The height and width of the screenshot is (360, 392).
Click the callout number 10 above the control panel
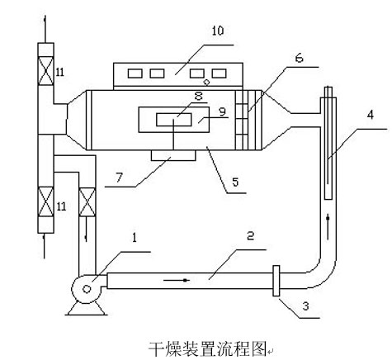click(x=218, y=31)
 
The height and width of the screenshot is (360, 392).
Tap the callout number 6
click(x=299, y=58)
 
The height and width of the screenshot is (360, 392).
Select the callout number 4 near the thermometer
click(x=371, y=115)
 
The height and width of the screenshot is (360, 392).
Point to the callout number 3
click(x=305, y=306)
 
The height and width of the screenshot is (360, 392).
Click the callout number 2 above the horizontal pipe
click(x=250, y=236)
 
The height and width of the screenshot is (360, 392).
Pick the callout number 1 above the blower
click(x=135, y=238)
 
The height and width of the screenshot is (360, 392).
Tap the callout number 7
click(x=119, y=178)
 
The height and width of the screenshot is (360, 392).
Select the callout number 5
click(x=235, y=182)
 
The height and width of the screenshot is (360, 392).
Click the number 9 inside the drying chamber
click(x=222, y=111)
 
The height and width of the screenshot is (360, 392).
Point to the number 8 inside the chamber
click(x=198, y=96)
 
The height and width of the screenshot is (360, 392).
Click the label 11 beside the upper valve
click(x=60, y=72)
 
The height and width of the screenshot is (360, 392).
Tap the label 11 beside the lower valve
click(x=61, y=206)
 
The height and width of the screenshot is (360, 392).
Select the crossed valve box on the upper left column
click(x=45, y=71)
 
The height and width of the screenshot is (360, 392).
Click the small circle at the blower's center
click(x=87, y=289)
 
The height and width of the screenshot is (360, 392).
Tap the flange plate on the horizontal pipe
click(x=276, y=281)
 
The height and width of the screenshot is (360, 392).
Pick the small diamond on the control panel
click(x=206, y=82)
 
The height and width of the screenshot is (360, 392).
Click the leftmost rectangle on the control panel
click(x=135, y=73)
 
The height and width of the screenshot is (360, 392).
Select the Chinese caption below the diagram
click(x=208, y=349)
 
